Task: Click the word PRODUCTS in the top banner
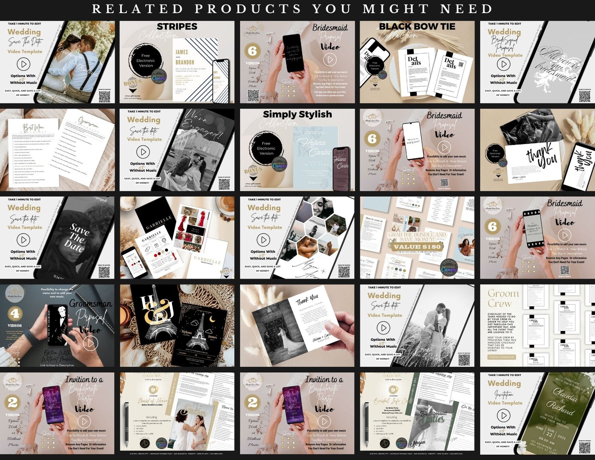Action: (248, 9)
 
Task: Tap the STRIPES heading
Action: (177, 27)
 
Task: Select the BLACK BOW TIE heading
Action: (417, 27)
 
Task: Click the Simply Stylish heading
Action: (297, 114)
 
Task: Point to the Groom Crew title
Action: (503, 298)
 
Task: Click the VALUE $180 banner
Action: (417, 247)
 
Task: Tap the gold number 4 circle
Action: (16, 313)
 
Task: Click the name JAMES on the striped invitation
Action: (182, 52)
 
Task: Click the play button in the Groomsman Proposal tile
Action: (90, 343)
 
